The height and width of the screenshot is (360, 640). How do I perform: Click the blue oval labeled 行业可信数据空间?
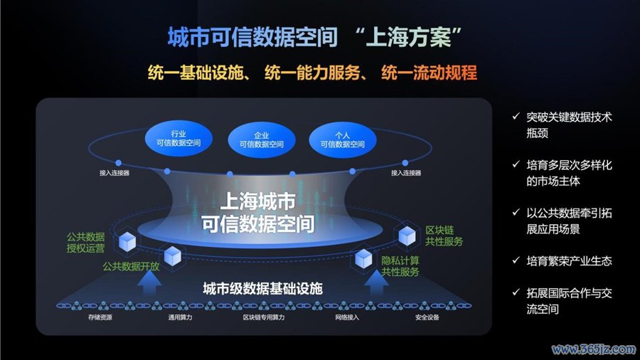pos(178,139)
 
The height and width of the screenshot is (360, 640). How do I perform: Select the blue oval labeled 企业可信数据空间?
pos(261,140)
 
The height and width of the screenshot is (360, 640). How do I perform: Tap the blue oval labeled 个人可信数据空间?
pos(343,139)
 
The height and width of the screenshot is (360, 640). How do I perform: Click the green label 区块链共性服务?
pos(444,236)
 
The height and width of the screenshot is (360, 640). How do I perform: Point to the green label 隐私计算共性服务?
pos(400,266)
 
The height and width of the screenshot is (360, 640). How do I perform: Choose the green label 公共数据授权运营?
pos(86,243)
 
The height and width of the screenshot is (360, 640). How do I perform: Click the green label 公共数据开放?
pos(131,267)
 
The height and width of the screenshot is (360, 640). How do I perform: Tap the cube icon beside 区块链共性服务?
pos(407,236)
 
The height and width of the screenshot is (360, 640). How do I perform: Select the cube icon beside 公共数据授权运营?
pos(127,242)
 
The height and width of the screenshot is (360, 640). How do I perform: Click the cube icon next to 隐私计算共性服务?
pos(363,259)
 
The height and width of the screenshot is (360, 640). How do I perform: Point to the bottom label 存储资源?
pos(100,317)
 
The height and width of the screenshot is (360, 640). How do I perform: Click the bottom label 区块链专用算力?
pos(264,317)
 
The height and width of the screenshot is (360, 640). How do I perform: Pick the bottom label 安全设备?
pos(427,317)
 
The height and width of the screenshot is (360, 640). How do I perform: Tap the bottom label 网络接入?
pos(347,317)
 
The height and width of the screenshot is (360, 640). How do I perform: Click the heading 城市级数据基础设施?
pos(263,289)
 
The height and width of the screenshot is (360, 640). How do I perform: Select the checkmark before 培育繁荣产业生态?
pos(516,260)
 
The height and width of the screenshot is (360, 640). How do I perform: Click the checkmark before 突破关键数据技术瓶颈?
pos(516,117)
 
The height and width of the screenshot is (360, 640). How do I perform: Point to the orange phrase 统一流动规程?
pos(429,73)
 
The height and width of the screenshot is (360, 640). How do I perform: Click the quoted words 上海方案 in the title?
pos(409,37)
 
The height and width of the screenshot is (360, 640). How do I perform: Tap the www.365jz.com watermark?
pos(594,349)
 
